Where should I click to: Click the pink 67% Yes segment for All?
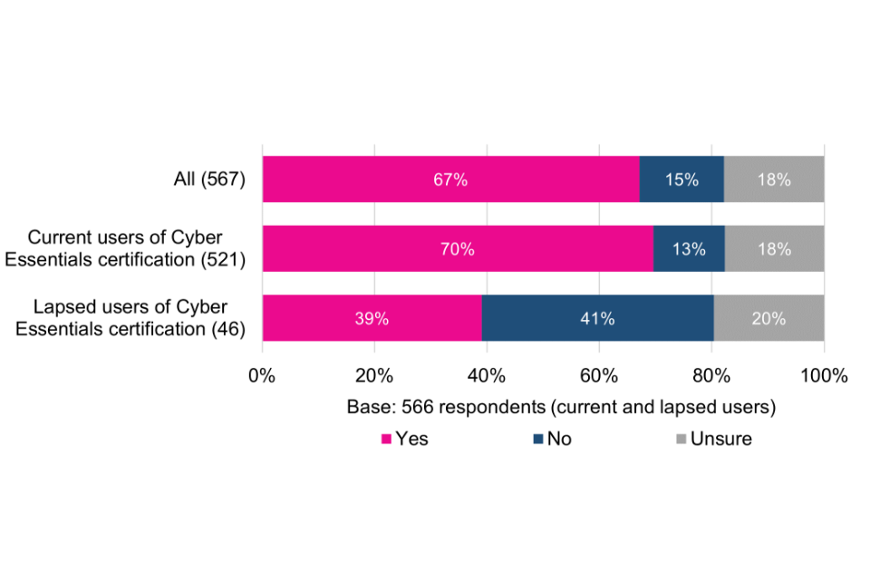450,179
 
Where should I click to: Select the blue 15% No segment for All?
681,179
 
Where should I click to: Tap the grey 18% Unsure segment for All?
774,179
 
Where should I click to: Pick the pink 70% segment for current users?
458,249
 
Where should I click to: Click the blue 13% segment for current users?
689,249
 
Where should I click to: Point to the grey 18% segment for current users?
774,249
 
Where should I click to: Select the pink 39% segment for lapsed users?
372,318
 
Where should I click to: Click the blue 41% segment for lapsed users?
597,318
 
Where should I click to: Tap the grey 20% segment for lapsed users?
768,318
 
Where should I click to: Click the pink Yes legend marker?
386,440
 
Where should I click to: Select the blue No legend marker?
537,440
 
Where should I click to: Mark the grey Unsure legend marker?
680,440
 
